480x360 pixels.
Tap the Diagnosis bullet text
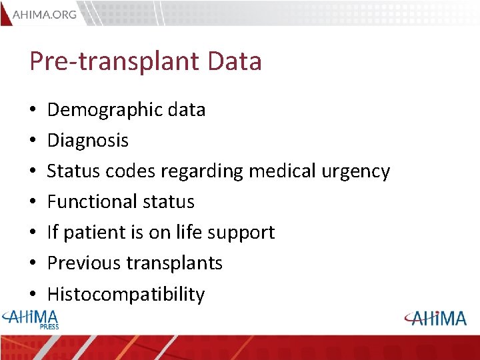pos(88,141)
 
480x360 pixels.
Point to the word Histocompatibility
pos(126,294)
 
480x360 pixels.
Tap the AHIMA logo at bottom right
pos(436,318)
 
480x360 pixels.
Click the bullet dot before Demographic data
pos(33,110)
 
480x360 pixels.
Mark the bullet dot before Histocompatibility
pos(33,294)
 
